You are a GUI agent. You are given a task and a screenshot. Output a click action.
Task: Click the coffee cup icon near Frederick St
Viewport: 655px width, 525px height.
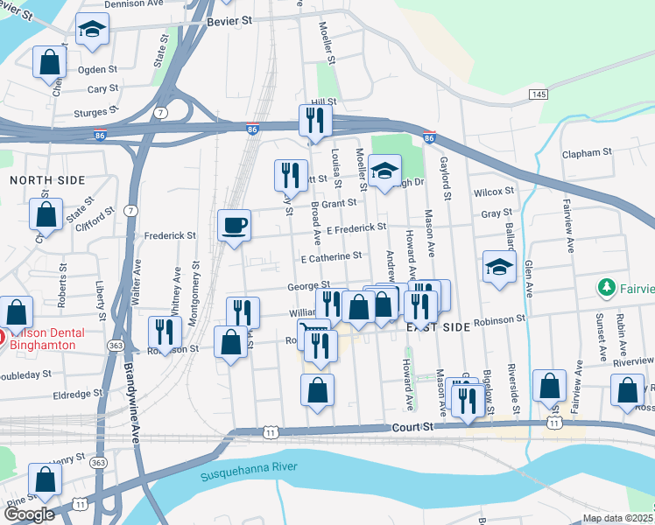(234, 226)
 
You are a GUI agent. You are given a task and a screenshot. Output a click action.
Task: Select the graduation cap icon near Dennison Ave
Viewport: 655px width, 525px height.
(92, 31)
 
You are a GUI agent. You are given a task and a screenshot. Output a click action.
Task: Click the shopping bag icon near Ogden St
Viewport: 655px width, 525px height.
(49, 63)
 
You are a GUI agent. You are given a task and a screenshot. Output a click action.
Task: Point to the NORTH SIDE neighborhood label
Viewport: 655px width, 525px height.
(47, 180)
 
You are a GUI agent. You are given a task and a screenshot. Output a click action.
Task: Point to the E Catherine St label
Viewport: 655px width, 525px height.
(331, 257)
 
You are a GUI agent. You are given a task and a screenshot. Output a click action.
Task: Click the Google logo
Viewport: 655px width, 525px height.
(29, 514)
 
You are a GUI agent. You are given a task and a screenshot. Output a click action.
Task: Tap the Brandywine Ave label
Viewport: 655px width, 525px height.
(131, 394)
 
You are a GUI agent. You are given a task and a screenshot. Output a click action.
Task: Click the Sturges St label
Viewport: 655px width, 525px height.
(96, 113)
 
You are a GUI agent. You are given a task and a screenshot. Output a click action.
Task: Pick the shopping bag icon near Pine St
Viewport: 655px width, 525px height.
(45, 479)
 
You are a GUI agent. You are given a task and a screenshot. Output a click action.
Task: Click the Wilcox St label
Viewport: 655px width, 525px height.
(493, 192)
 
